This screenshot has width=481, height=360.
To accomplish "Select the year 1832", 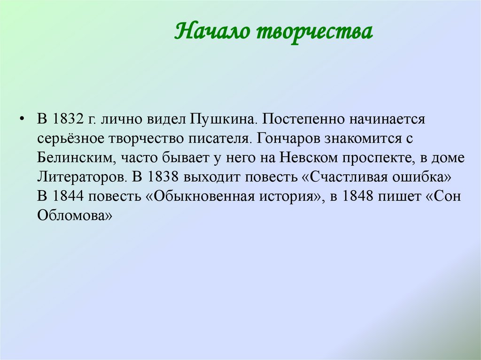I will coord(69,118).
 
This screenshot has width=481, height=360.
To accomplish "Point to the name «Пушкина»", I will coord(223,118).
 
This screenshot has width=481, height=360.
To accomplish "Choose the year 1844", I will coord(69,197).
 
